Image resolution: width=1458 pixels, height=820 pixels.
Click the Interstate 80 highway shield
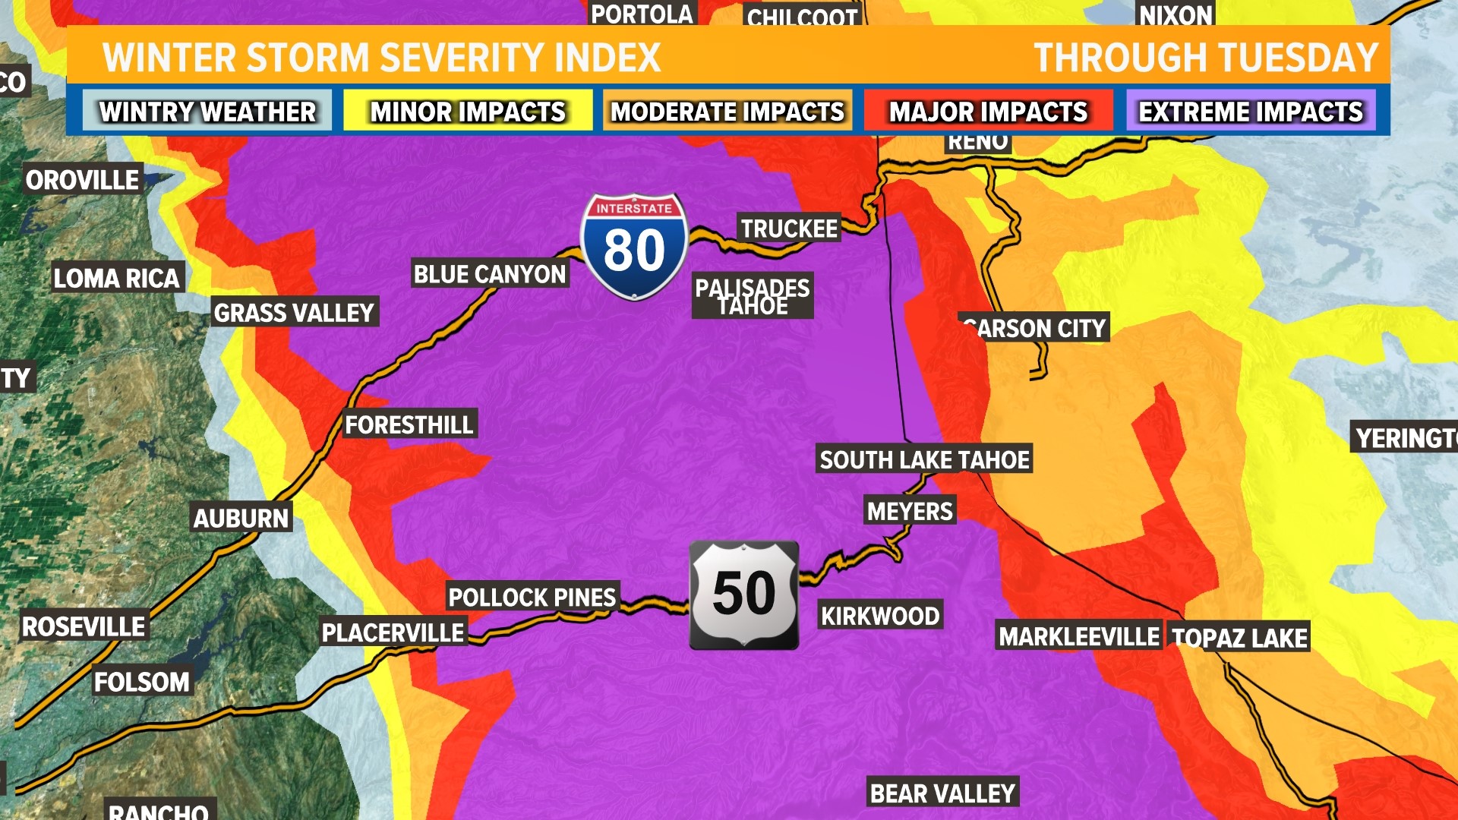point(634,246)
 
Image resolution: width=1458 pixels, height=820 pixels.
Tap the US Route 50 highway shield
point(743,594)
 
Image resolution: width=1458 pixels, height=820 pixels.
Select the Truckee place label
point(789,228)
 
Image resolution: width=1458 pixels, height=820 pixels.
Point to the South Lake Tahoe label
point(924,459)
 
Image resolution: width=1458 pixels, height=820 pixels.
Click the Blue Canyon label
point(490,273)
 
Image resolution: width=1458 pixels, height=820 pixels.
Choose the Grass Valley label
point(294,312)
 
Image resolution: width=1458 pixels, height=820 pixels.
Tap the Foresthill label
point(409,424)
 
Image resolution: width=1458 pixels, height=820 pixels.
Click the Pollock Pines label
point(532,597)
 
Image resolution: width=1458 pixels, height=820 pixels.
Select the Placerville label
point(393,632)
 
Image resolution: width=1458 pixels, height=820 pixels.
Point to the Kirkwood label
point(880,616)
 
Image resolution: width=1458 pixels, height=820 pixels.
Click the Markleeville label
point(1079,636)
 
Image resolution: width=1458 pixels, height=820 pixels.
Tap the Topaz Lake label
point(1239,638)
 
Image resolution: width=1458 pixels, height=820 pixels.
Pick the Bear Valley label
point(942,793)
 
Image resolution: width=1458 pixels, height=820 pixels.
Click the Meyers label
point(910,511)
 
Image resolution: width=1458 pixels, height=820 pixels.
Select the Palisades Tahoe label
point(753,296)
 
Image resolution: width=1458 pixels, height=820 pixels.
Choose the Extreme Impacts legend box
point(1251,112)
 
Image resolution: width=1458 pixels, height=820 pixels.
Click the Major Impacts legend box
point(988,112)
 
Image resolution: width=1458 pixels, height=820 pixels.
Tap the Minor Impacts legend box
point(468,112)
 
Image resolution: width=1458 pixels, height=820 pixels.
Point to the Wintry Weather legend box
point(207,112)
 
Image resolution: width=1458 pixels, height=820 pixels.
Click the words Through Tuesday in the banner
point(1205,58)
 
